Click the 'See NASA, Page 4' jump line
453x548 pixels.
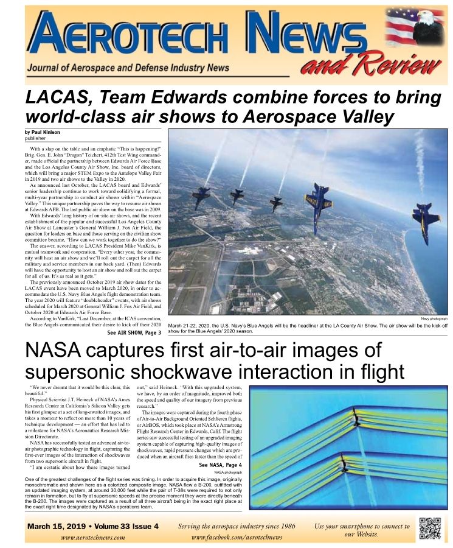(x=221, y=465)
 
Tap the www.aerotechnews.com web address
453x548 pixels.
(x=93, y=538)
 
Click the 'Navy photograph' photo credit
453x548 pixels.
(x=434, y=318)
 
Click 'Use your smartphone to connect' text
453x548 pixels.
(x=361, y=525)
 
